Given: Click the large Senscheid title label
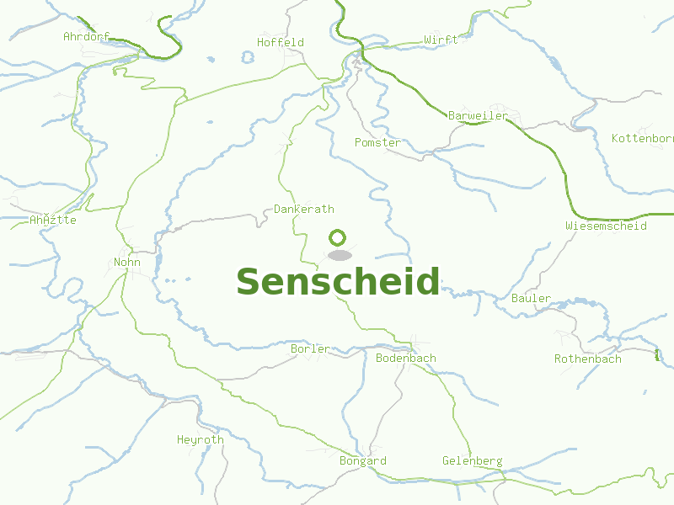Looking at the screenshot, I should pos(338,282).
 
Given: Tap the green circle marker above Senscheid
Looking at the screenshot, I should pos(338,237).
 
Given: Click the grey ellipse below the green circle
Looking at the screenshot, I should pos(340,255).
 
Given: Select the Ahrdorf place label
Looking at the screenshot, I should pos(87,36).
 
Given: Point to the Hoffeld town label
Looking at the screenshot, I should pos(281,42).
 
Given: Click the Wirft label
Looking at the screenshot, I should pos(441,40).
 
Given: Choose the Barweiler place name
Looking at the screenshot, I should pos(478,115).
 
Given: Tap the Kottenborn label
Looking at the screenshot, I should pos(642,138).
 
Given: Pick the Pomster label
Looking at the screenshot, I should pos(377,142).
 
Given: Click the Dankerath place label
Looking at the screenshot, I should pos(304,209).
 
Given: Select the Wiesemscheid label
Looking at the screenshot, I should pos(606,226).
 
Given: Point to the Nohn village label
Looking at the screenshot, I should pos(127,262).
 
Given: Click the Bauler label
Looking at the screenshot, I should pos(531,298).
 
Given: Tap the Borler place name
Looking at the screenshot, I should pos(310,348).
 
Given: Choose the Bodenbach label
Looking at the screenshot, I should pos(406,358).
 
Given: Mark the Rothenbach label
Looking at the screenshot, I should pos(588,359).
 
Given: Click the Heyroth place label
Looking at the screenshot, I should pos(201,439).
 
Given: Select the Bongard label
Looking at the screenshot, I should pos(363,460).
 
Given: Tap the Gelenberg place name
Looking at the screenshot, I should pos(473,460).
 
